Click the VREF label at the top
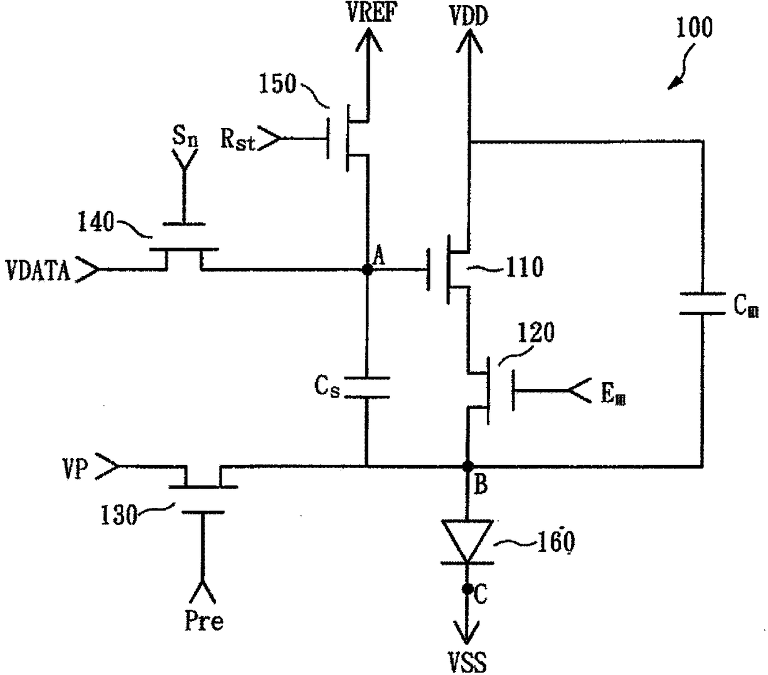coord(372,14)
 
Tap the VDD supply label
coord(469,16)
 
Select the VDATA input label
coord(38,271)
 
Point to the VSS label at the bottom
coord(467,662)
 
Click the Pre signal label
coord(204,621)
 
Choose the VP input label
coord(76,469)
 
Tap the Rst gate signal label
coord(238,139)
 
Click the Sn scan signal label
coord(185,135)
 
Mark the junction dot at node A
coord(367,269)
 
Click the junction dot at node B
coord(468,466)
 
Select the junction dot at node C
coord(468,589)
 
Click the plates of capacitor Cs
coord(367,387)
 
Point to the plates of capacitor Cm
coord(702,303)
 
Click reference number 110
coord(525,267)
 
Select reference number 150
coord(277,84)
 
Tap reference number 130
coord(119,515)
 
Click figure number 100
coord(694,27)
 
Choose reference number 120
coord(536,333)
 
